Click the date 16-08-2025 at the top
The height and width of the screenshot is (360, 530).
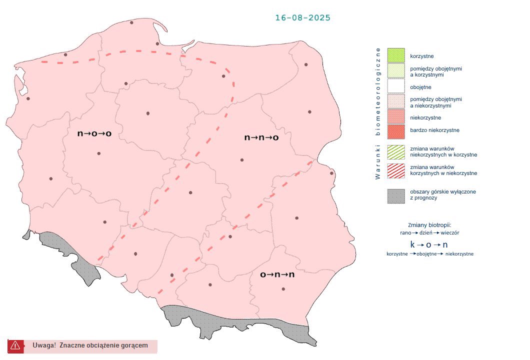302,18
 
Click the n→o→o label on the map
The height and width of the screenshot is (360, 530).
94,134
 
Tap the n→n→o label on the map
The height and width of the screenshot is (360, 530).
261,137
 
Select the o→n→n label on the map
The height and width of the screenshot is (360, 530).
277,274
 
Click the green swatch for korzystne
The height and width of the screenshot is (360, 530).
395,55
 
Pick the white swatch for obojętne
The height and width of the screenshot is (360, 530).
395,86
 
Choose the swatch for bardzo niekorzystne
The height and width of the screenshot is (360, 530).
395,130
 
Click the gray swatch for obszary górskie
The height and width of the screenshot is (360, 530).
395,195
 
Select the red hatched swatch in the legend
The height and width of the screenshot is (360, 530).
395,170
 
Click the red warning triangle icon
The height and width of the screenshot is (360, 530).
15,345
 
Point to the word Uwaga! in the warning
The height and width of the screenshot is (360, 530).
44,345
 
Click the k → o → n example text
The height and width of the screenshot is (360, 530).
429,245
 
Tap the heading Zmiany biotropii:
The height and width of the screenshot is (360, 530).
430,224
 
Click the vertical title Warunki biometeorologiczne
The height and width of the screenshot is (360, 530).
378,113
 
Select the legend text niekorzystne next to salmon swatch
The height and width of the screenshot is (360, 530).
425,118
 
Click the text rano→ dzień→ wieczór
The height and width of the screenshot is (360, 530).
430,233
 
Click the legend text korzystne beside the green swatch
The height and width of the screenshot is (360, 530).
421,56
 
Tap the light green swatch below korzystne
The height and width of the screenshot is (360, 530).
395,71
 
